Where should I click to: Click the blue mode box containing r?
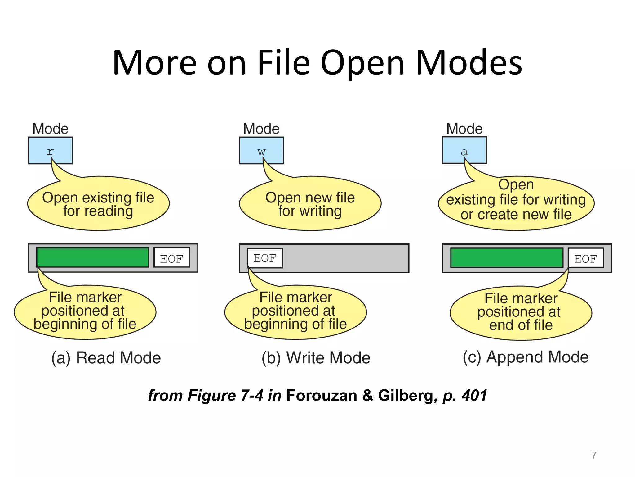click(x=50, y=150)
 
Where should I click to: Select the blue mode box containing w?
click(x=261, y=150)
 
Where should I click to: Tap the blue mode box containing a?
click(x=464, y=150)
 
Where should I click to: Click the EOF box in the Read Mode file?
click(x=171, y=257)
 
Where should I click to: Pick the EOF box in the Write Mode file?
click(x=265, y=258)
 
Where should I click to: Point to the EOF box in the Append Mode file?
click(x=585, y=258)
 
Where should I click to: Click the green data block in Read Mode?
click(x=92, y=257)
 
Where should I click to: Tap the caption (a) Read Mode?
click(x=106, y=358)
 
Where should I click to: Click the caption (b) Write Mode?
click(x=316, y=358)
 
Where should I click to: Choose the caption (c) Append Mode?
click(x=526, y=357)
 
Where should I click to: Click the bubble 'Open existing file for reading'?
click(x=98, y=204)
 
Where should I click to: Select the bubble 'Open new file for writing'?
click(x=310, y=204)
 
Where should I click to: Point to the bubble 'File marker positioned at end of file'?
click(x=521, y=312)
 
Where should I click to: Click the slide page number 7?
click(x=594, y=455)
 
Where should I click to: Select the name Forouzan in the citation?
click(x=321, y=396)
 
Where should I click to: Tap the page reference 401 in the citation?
click(x=474, y=396)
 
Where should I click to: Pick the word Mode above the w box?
click(x=261, y=129)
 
